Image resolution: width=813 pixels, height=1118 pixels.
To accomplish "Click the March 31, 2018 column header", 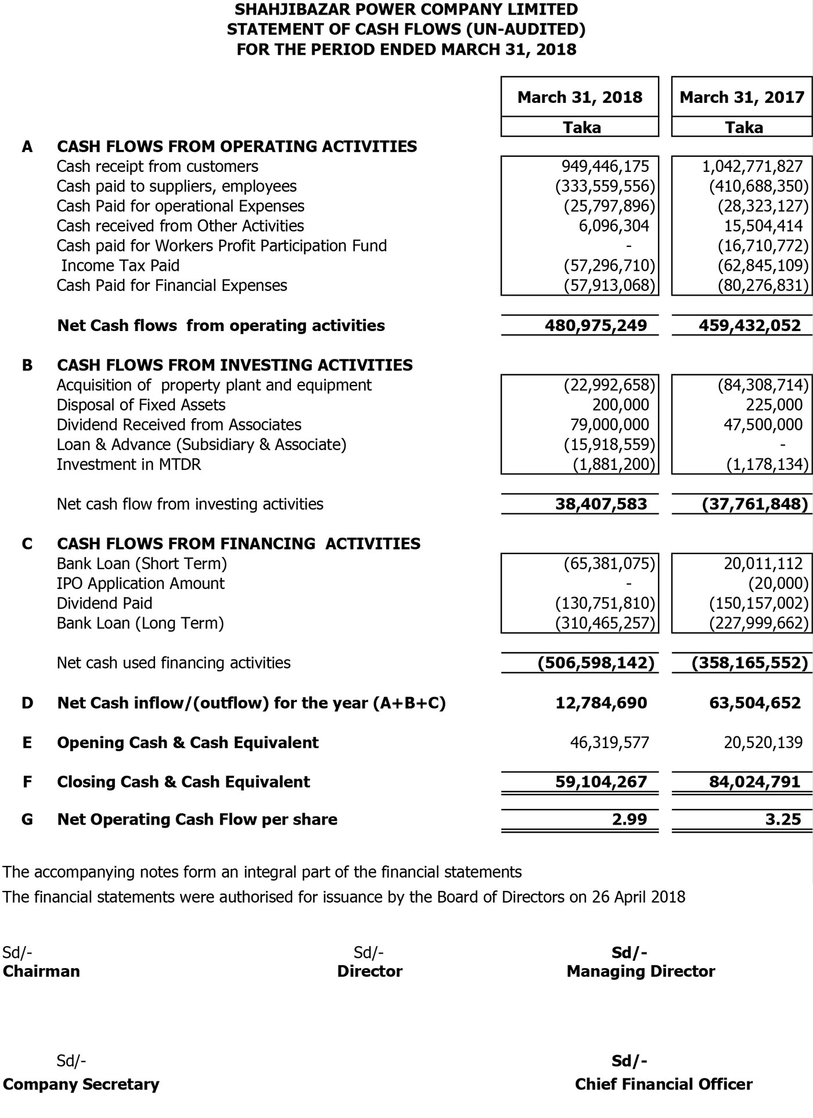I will tap(580, 97).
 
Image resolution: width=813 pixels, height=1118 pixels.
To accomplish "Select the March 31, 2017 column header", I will tap(742, 97).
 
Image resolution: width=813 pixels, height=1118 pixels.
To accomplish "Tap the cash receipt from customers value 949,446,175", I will tap(605, 167).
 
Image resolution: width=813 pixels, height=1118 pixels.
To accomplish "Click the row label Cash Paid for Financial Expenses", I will tap(172, 286).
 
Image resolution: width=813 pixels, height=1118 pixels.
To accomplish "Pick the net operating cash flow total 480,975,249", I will tap(595, 325).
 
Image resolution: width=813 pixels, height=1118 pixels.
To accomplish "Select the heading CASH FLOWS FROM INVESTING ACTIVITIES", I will tap(235, 365).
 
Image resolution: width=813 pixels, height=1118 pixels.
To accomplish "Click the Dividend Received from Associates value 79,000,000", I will tap(609, 425).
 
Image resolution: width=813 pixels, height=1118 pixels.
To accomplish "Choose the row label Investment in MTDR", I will tap(129, 465).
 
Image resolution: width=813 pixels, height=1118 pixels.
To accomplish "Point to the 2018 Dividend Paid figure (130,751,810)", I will tap(605, 603).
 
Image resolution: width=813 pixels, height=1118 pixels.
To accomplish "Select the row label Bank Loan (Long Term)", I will tap(140, 623).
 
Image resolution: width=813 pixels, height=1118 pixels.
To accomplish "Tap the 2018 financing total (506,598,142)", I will tap(596, 663).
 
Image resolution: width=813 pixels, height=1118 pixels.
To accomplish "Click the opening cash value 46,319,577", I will tap(609, 743).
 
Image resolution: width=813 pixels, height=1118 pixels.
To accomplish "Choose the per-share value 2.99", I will tap(629, 819).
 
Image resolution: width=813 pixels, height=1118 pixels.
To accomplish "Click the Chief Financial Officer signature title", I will tap(663, 1084).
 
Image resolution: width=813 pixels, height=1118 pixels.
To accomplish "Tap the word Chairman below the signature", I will tap(41, 971).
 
